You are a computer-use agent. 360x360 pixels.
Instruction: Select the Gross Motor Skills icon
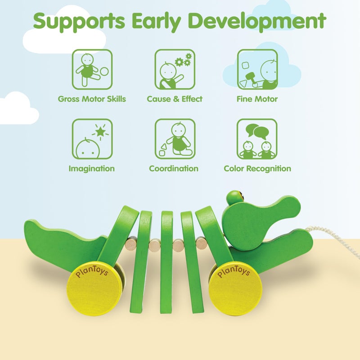pos(92,69)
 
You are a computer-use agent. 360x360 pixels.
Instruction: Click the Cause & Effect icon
pos(175,69)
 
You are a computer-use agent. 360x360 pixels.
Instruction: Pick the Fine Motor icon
pos(257,69)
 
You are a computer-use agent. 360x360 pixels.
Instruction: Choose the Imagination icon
pos(92,139)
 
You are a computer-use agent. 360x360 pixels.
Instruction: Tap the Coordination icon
pos(175,139)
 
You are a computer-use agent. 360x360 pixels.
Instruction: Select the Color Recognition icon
pos(257,139)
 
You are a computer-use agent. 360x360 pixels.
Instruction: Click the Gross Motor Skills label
pos(92,99)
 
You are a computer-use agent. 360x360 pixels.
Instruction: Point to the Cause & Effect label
pos(175,99)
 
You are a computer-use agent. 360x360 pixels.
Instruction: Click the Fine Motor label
pos(257,99)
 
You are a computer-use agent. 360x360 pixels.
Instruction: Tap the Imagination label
pos(91,169)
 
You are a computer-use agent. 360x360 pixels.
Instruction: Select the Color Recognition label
pos(257,169)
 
